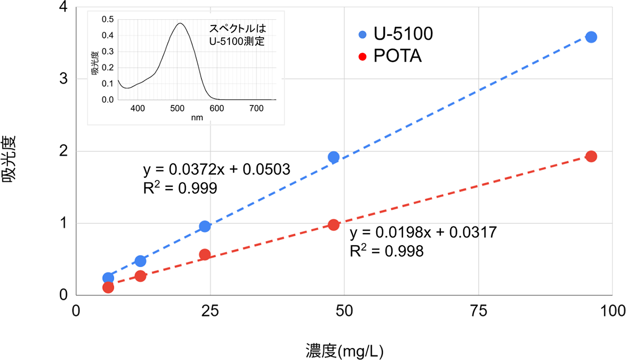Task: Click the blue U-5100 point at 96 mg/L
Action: pos(591,37)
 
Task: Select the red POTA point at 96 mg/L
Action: pos(591,157)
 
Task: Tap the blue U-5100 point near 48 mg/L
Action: pos(334,157)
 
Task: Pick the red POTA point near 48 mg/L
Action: pos(334,225)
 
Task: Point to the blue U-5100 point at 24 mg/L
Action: pos(205,226)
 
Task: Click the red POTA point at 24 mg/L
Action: pos(205,255)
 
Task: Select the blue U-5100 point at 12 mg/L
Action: pos(140,261)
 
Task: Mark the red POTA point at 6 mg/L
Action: pos(109,287)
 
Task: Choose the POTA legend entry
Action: pos(391,56)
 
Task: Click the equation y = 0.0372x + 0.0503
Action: pos(213,170)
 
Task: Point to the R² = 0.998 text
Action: pos(386,251)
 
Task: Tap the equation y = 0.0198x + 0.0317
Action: pos(423,232)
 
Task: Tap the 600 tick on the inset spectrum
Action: pos(216,109)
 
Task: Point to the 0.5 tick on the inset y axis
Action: pos(107,19)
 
